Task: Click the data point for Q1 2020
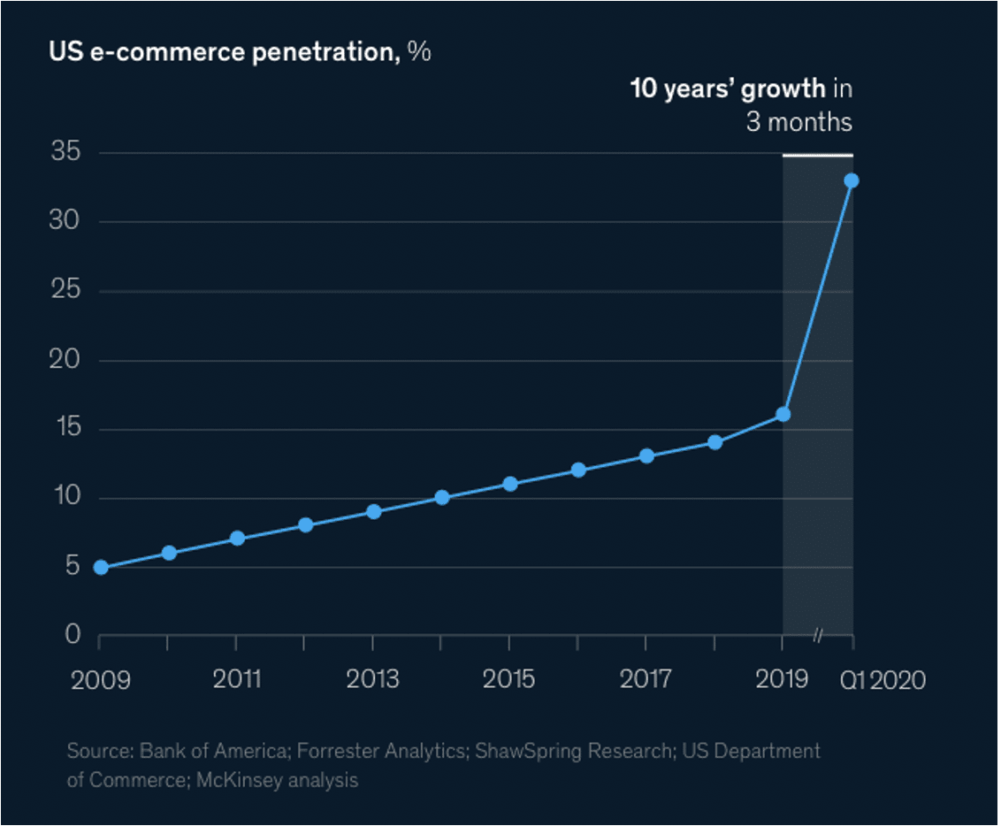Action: [x=852, y=180]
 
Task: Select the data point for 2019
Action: [x=783, y=414]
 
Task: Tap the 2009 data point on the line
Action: [x=101, y=567]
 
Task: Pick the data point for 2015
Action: [x=510, y=484]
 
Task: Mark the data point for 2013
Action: [x=373, y=511]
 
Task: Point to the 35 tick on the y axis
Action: [x=65, y=153]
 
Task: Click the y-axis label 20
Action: [x=65, y=360]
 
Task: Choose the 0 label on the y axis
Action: [x=72, y=634]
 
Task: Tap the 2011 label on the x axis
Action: [x=237, y=679]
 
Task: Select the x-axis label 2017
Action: [x=646, y=679]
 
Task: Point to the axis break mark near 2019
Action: [x=819, y=635]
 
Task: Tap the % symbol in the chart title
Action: [x=419, y=51]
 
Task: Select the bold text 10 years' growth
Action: [x=727, y=88]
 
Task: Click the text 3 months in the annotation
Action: [x=799, y=121]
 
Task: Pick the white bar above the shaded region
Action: [x=818, y=155]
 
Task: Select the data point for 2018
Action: [x=714, y=442]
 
